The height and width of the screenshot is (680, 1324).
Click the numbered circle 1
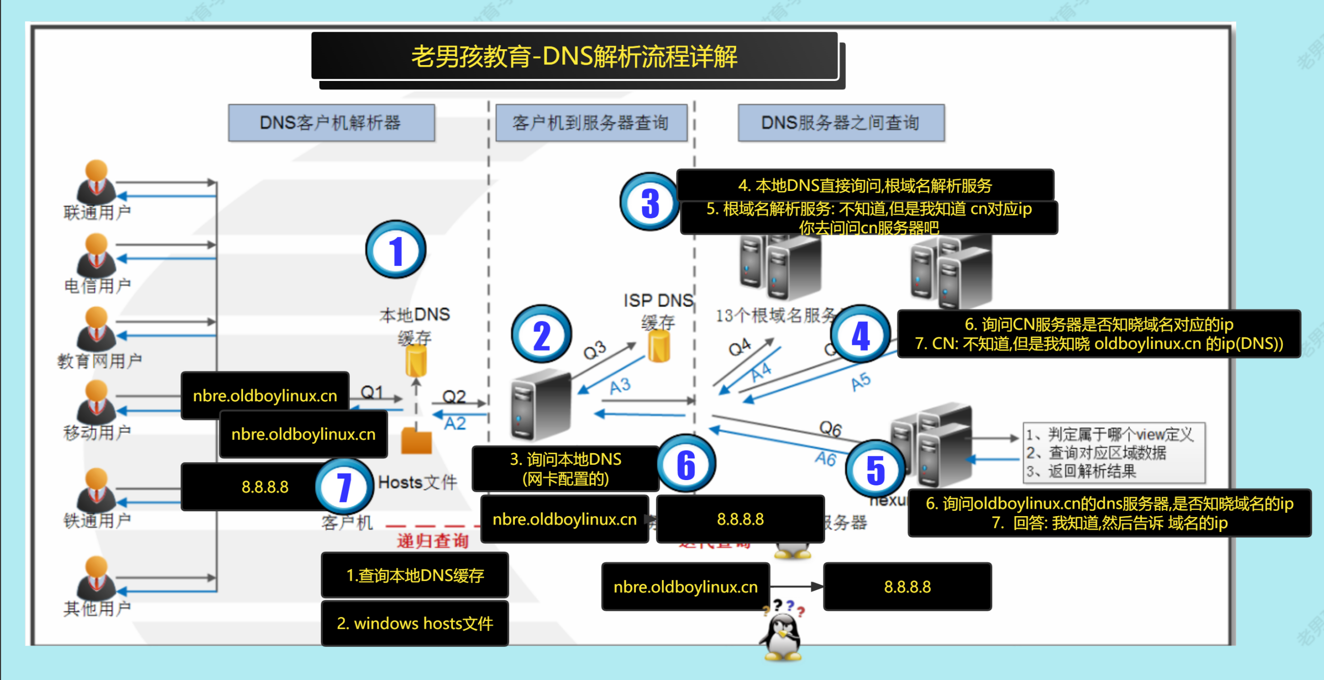pos(395,250)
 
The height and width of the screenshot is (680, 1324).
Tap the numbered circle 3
pos(650,203)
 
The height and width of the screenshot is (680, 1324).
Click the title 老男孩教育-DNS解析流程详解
pos(575,57)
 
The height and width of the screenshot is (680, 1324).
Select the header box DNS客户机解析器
pos(331,123)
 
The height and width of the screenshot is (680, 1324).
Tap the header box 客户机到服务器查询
pos(591,123)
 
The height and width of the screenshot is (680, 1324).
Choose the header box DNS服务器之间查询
pos(840,123)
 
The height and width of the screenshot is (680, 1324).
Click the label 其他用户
pos(97,609)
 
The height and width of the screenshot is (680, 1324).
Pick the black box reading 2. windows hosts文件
pos(415,623)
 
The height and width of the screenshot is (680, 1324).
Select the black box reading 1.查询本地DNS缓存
pos(415,575)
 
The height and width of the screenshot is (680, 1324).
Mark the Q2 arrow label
pos(453,397)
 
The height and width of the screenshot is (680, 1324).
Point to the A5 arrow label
pos(860,381)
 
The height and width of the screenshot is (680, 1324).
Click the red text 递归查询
pos(433,541)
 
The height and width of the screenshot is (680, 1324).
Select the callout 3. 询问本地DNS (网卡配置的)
pos(566,468)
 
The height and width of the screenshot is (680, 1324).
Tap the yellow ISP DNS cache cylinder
pos(659,347)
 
